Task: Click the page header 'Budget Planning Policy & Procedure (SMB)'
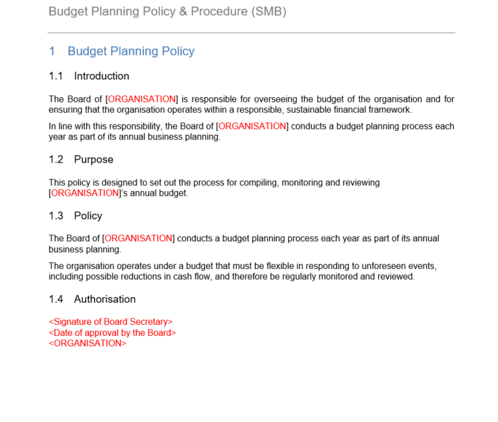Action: tap(167, 12)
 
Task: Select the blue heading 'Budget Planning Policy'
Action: tap(131, 51)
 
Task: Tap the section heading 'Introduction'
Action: tap(101, 76)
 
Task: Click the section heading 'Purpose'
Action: tap(93, 159)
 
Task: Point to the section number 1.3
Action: tap(56, 215)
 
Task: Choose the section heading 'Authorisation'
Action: tap(104, 299)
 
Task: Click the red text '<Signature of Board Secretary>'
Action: tap(111, 322)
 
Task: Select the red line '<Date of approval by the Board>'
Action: tap(112, 333)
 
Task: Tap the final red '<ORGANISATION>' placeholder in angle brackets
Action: tap(88, 343)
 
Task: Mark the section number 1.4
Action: tap(56, 299)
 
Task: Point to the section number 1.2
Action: tap(56, 159)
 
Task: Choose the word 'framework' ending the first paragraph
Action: tap(390, 110)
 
